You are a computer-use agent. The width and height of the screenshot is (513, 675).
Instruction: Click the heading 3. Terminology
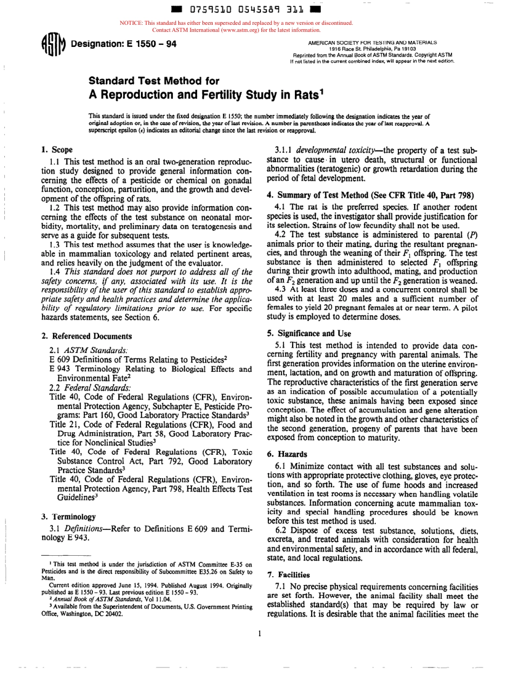(69, 516)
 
